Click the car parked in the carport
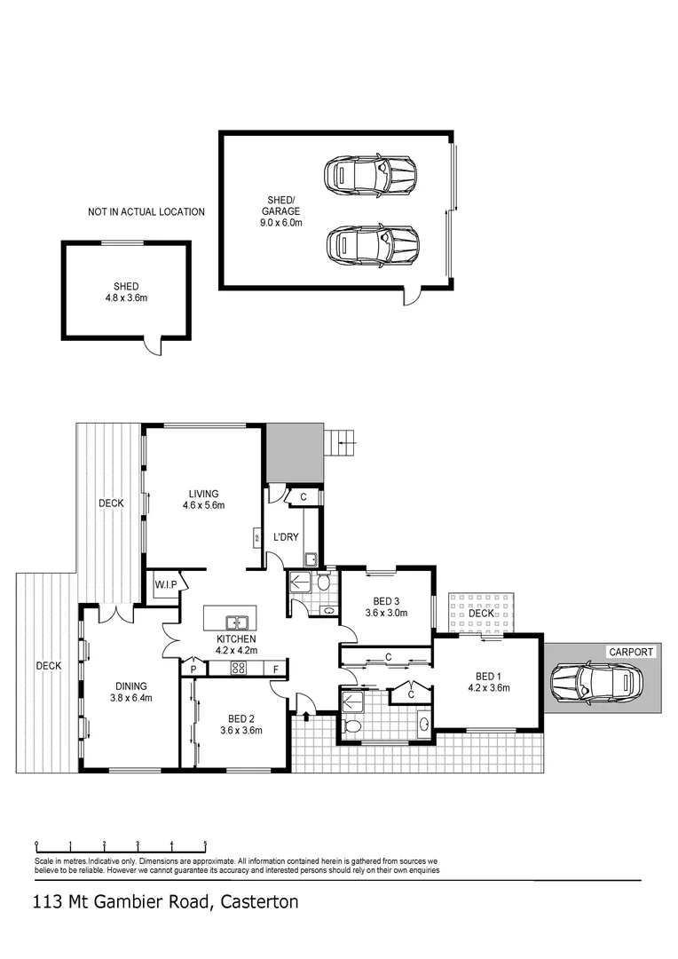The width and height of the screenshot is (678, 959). pos(595,683)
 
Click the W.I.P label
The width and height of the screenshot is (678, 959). pos(165,584)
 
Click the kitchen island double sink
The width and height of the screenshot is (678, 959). pos(237,622)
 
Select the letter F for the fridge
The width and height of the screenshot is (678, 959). pos(276,668)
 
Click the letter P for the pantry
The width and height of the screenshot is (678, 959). pos(193,668)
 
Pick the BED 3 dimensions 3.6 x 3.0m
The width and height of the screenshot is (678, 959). pos(386,612)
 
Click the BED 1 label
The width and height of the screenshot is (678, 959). pos(485,674)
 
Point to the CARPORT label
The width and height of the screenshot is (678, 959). pos(631,652)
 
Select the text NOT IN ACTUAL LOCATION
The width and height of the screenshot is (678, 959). pos(146,212)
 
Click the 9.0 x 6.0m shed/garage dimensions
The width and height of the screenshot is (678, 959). pos(280,223)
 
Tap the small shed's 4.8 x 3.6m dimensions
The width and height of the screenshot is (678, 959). pos(124,298)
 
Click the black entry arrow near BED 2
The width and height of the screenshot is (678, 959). pos(307,716)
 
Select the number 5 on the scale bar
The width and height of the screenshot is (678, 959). pos(206,844)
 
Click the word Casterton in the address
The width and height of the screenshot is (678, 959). pos(256,903)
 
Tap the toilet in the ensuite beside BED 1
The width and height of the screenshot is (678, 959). pos(353,727)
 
